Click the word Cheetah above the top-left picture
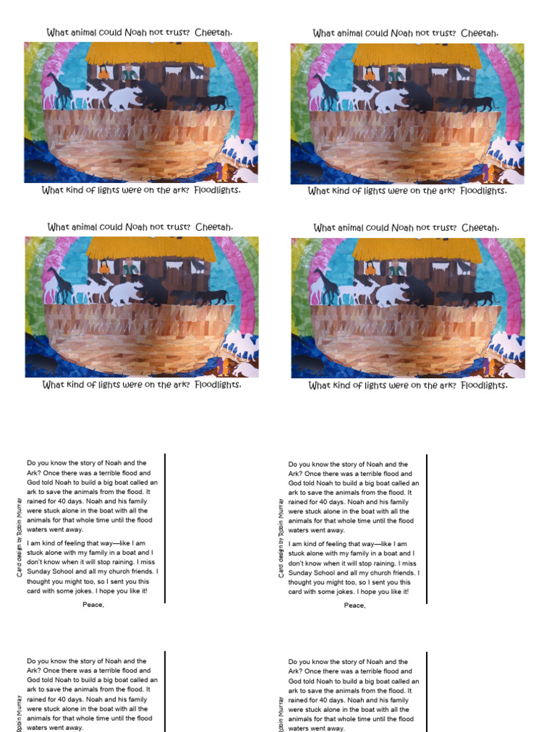[x=214, y=32]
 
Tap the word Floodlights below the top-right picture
[x=485, y=191]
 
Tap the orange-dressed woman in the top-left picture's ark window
[x=104, y=72]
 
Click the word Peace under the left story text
[x=93, y=605]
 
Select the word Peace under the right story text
[x=355, y=605]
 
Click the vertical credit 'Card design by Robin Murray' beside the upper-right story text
[x=281, y=538]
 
